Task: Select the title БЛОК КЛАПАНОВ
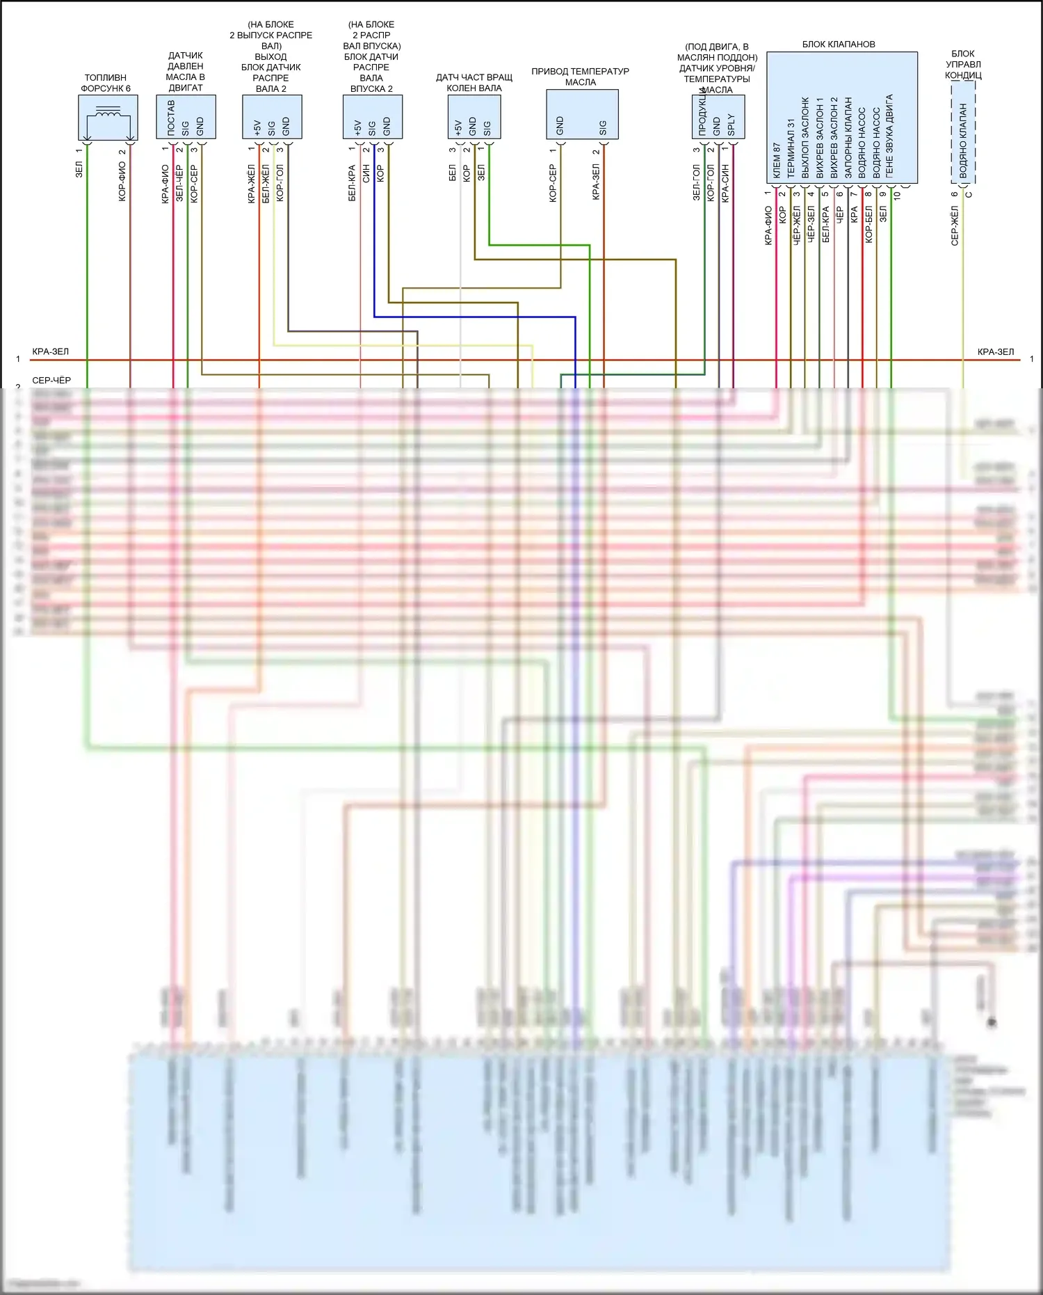coord(839,45)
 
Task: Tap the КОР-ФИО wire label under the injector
coord(122,182)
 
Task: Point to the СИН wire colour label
coord(366,174)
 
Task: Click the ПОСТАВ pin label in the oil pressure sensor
coord(171,117)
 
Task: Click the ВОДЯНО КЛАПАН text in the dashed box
coord(963,141)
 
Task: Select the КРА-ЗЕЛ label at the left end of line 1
coord(51,352)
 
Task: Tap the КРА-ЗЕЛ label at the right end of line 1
coord(995,352)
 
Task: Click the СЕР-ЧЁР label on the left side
coord(51,381)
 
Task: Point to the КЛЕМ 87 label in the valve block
coord(777,161)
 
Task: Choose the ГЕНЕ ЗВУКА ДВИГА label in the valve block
coord(889,136)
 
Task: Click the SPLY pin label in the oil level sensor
coord(731,125)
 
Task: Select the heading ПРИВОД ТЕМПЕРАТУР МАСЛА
coord(580,77)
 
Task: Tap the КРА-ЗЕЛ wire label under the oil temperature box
coord(596,182)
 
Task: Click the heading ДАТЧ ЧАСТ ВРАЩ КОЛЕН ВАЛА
coord(474,83)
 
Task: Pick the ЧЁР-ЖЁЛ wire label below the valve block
coord(797,223)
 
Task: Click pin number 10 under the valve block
coord(897,196)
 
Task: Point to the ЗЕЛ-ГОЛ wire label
coord(696,182)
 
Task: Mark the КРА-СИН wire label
coord(725,183)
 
